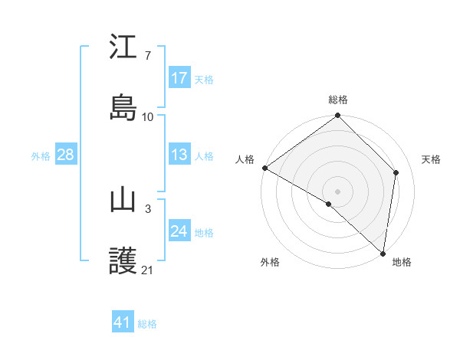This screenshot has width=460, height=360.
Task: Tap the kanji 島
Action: click(123, 107)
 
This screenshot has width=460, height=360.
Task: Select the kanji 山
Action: click(123, 200)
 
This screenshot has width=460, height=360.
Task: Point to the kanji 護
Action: click(123, 261)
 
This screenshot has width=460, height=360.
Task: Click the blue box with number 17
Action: click(179, 78)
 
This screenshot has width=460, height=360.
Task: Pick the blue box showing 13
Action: click(179, 155)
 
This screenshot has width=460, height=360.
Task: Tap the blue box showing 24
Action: click(179, 232)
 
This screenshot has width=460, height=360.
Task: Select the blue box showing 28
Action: click(65, 155)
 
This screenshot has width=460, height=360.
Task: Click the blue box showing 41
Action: click(123, 322)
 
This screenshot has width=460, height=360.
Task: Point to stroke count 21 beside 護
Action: click(148, 270)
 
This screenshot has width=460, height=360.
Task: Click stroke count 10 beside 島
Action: click(148, 116)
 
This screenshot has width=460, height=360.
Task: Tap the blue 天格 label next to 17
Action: click(203, 79)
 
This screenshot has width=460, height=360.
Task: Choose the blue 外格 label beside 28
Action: click(41, 155)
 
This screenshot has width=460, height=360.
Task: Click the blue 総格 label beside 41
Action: click(147, 323)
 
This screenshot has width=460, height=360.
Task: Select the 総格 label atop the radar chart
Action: click(338, 100)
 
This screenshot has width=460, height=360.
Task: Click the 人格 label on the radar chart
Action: click(245, 159)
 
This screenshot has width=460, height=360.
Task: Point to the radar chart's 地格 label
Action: click(402, 262)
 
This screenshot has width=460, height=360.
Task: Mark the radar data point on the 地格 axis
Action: click(383, 254)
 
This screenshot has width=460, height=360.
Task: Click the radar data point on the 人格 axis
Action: click(264, 168)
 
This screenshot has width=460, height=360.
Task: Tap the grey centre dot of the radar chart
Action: click(337, 190)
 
